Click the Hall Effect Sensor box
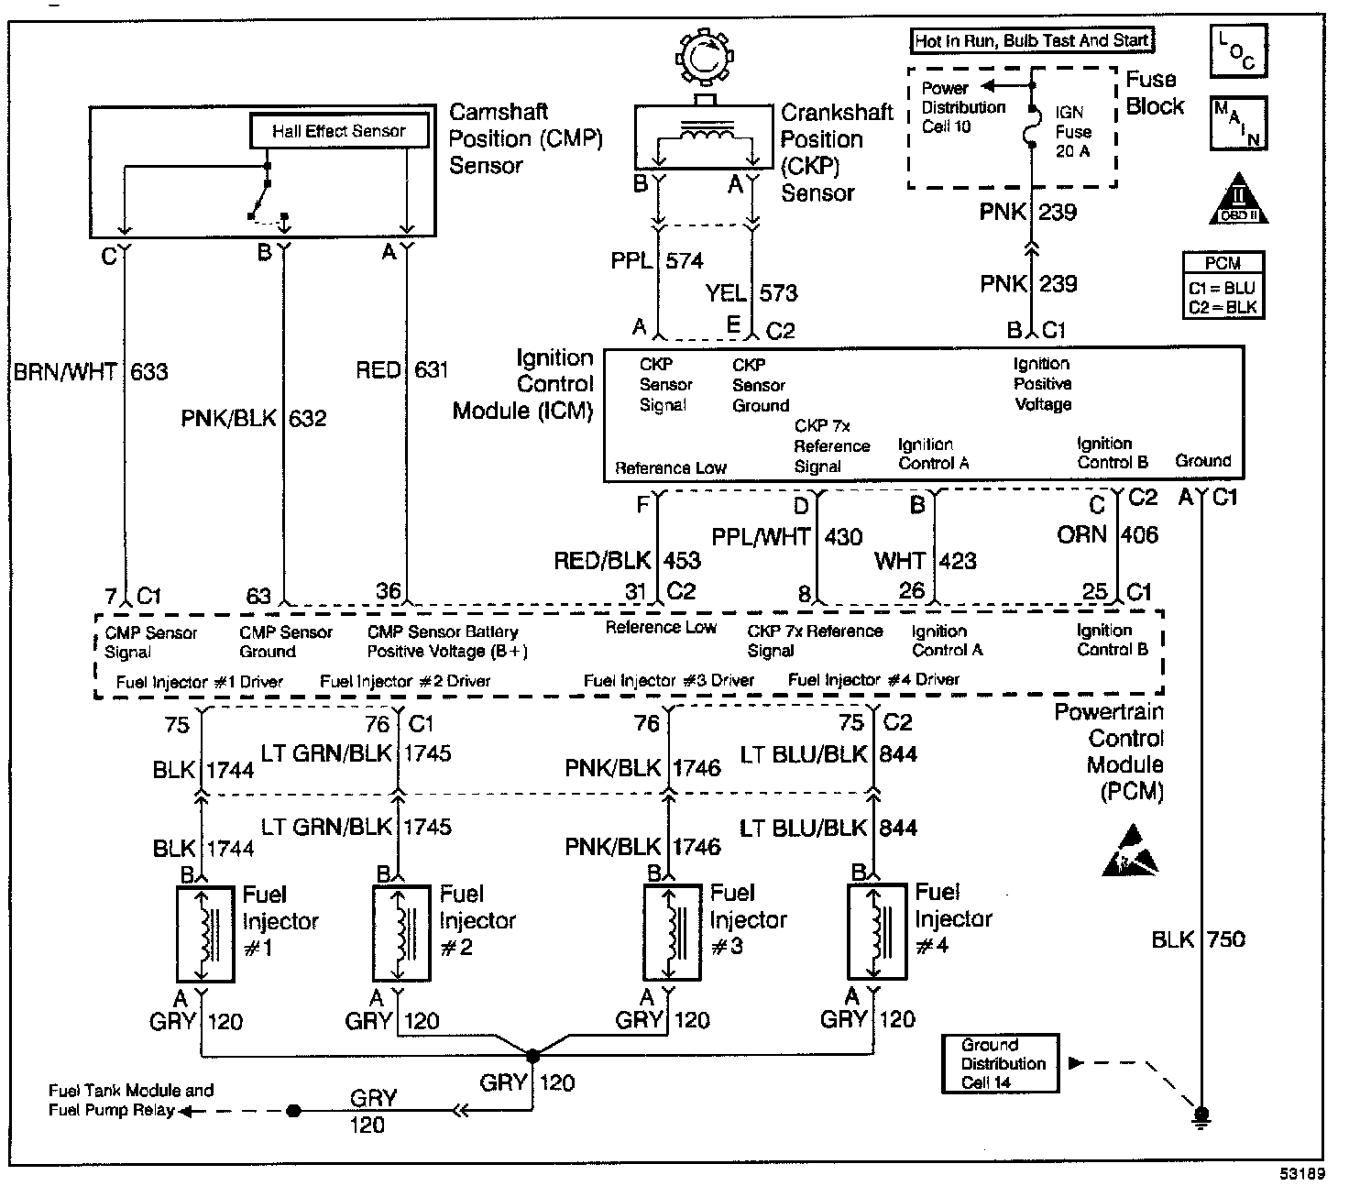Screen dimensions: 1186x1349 [339, 131]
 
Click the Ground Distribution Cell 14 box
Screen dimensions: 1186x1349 [1000, 1063]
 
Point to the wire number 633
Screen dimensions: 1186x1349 [149, 371]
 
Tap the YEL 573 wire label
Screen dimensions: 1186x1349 [751, 293]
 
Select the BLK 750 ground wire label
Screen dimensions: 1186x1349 [1198, 939]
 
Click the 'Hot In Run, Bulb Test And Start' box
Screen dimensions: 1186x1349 [1032, 40]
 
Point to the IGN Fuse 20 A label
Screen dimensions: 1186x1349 [1072, 131]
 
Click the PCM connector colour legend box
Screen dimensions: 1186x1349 [1223, 285]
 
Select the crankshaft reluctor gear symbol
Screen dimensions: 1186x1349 [702, 58]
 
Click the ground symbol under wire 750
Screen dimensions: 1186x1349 [1201, 1115]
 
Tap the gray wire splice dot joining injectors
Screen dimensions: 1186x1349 [533, 1056]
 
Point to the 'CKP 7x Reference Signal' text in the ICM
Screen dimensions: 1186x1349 [830, 446]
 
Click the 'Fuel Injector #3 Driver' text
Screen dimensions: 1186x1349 [668, 681]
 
